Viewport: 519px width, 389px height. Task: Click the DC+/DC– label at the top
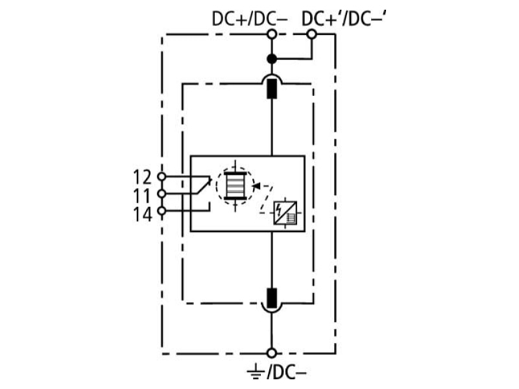point(250,19)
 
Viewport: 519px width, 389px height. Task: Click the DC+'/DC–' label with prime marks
point(344,19)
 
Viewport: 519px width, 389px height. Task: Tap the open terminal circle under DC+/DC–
point(272,34)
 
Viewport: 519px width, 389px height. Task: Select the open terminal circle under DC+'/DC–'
point(311,34)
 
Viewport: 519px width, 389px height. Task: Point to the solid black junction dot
point(272,59)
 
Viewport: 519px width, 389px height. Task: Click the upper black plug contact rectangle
point(272,89)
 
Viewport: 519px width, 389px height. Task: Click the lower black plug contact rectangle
point(272,298)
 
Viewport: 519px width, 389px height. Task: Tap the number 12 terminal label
point(142,177)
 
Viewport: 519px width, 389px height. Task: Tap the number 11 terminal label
point(142,196)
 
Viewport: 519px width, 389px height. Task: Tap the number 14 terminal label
point(142,215)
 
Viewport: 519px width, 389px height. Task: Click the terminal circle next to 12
point(162,176)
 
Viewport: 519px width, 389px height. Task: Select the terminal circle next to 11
point(162,193)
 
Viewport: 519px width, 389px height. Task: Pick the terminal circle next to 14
point(162,210)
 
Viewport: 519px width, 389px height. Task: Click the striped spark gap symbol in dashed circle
point(235,186)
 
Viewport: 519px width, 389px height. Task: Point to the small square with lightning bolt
point(285,213)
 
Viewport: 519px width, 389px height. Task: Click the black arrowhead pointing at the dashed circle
point(256,186)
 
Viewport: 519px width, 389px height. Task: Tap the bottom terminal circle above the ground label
point(272,353)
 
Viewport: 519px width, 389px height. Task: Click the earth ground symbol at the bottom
point(256,372)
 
